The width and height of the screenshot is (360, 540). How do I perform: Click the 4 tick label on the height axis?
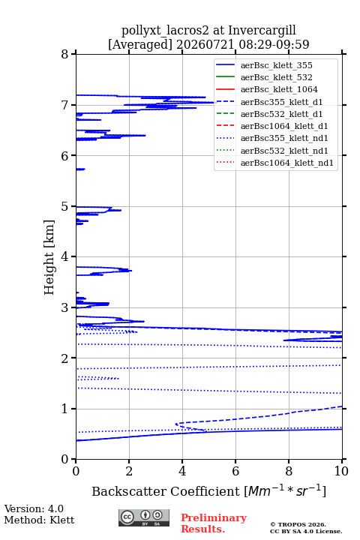click(x=64, y=257)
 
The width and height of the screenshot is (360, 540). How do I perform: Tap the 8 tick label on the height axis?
click(x=64, y=55)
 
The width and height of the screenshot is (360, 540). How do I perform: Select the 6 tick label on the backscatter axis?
click(x=235, y=471)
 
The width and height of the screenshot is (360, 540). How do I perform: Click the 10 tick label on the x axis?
click(x=341, y=471)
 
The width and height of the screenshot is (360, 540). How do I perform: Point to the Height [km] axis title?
click(x=49, y=257)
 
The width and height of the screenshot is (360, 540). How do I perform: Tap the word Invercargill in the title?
click(x=262, y=31)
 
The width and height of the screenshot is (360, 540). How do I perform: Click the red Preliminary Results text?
click(x=214, y=523)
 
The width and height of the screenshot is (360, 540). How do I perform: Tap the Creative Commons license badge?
click(x=144, y=517)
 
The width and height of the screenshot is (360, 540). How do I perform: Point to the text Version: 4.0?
click(x=34, y=508)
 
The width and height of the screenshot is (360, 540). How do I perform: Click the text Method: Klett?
click(x=39, y=520)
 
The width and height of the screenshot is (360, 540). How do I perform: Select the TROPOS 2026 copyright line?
click(x=298, y=524)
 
